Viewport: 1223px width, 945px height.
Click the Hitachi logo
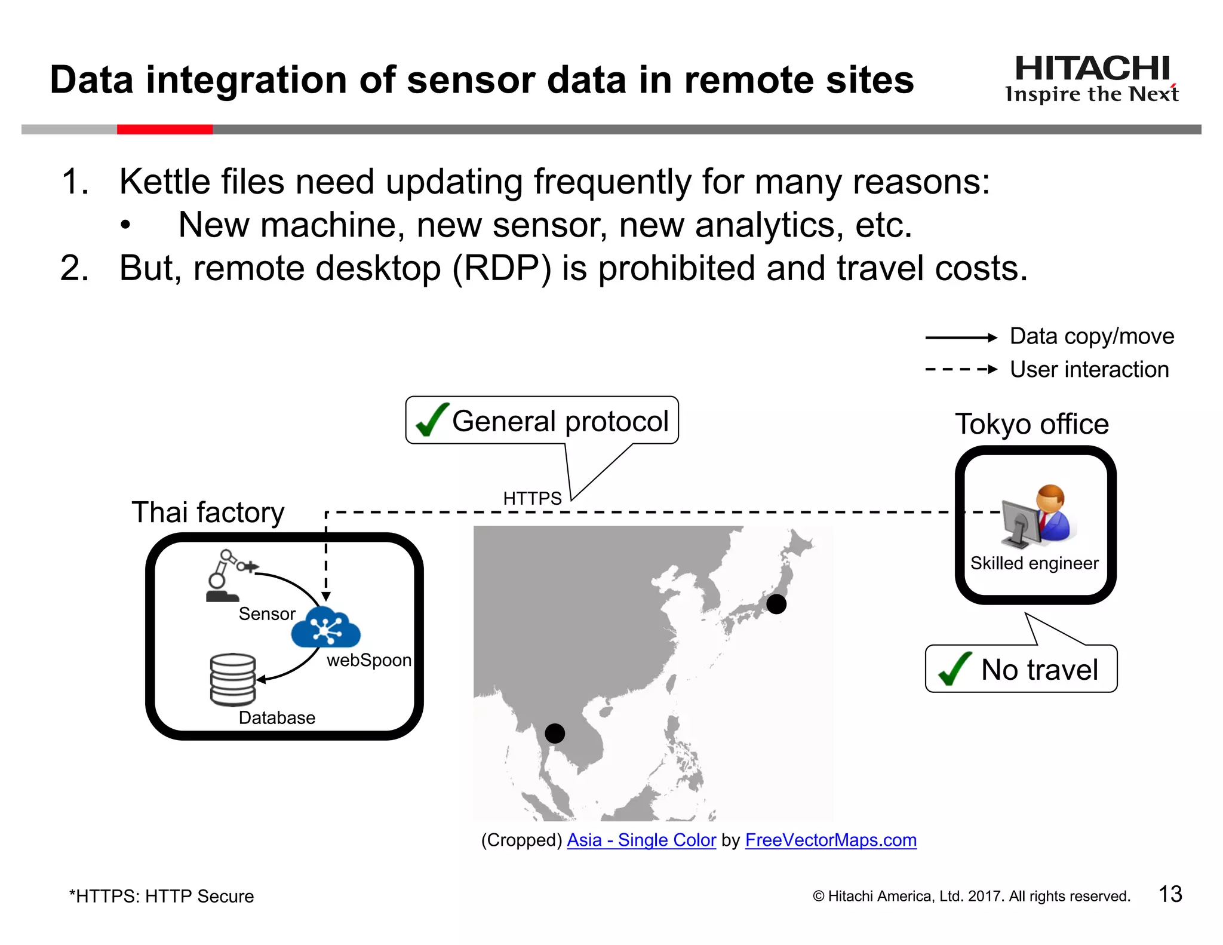(1092, 78)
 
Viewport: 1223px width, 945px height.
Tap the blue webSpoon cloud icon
(325, 627)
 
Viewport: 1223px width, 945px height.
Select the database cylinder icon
(232, 680)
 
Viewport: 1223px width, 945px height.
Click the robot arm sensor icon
(227, 575)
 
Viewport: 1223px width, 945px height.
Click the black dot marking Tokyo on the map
(776, 604)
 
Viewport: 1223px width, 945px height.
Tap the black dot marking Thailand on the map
(555, 733)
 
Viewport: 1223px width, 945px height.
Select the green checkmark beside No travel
(954, 668)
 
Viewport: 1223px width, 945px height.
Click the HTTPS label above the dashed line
(532, 498)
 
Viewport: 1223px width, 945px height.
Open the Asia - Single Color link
(641, 840)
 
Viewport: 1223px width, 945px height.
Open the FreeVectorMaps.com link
(830, 840)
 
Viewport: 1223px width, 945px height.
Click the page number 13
(1170, 894)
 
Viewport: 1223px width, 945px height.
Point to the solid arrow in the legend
(960, 337)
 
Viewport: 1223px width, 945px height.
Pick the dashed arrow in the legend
(960, 369)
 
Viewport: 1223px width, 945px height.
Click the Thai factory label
(208, 513)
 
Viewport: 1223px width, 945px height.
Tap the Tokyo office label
(1031, 424)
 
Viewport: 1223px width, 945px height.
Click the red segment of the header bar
(165, 129)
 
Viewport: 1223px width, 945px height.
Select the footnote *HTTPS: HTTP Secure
(162, 896)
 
